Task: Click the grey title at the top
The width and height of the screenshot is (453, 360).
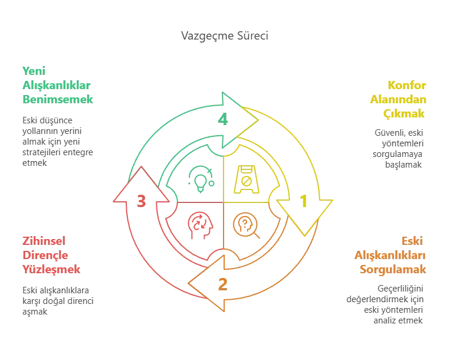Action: click(224, 36)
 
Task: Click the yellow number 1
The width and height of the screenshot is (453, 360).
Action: click(303, 202)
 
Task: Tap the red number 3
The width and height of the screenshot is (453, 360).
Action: click(142, 201)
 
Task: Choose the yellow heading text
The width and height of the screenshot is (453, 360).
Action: click(399, 99)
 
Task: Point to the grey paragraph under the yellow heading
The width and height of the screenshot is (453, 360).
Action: click(399, 148)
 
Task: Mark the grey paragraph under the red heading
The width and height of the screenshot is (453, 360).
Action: click(56, 301)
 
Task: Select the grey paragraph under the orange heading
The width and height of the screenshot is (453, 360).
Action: click(386, 305)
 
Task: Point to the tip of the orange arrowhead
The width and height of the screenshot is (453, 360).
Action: click(188, 284)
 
